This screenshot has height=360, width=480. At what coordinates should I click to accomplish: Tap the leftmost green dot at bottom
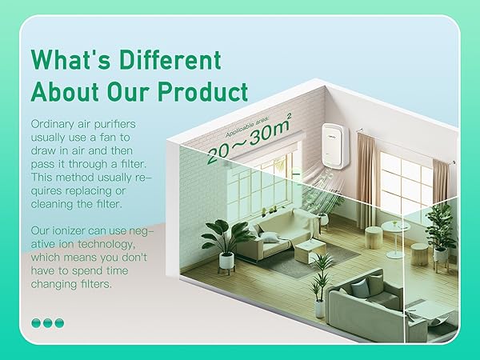(x=36, y=323)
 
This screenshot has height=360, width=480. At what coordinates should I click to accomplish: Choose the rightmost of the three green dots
(x=59, y=323)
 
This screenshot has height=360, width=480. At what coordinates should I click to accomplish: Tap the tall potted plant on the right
(x=439, y=229)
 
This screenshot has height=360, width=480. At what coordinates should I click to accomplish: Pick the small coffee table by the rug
(x=310, y=250)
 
